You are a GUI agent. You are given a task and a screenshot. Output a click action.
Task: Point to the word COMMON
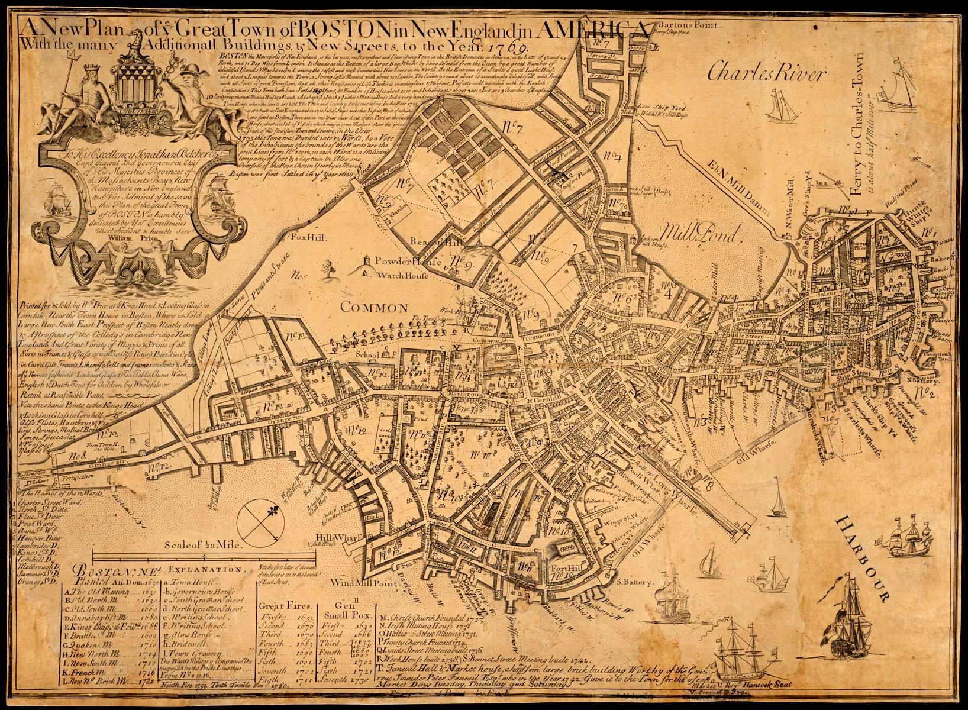click(375, 308)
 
